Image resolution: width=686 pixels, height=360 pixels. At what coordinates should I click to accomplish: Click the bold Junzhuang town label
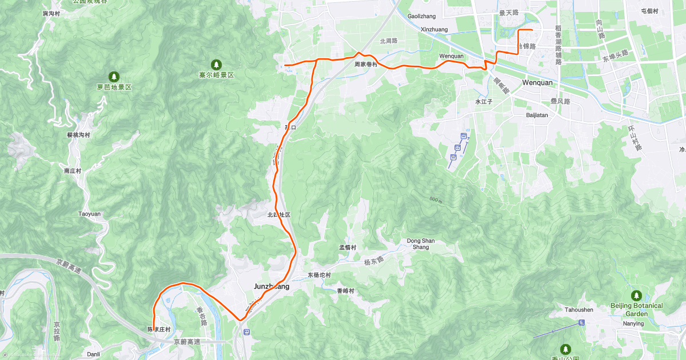tap(271, 286)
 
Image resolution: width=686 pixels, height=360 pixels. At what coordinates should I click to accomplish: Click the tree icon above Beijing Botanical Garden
tap(636, 295)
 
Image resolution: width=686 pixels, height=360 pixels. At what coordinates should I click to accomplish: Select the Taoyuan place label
tap(89, 214)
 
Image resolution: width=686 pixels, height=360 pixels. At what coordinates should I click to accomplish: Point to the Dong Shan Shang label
tap(421, 243)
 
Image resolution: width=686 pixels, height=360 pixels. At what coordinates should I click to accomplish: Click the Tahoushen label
tap(579, 310)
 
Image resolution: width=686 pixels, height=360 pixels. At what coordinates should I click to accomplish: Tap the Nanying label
tap(634, 324)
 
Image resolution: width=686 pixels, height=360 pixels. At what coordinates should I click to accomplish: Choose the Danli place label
tap(93, 354)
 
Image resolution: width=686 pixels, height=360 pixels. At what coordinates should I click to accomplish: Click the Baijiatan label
tap(537, 115)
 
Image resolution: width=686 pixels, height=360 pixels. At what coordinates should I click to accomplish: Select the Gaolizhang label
tap(422, 16)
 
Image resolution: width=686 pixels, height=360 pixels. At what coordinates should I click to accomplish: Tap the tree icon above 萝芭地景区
tap(114, 77)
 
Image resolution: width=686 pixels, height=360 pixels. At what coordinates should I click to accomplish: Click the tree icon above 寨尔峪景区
tap(217, 64)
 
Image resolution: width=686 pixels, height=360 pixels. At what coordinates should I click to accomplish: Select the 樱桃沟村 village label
tap(78, 135)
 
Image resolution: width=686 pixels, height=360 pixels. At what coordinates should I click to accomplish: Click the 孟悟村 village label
tap(348, 247)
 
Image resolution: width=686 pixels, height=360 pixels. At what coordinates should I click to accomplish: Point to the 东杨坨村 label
tap(320, 275)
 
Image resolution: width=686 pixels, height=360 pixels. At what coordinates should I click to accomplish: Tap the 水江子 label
tap(484, 102)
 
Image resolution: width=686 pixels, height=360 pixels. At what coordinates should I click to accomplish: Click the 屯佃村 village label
tap(650, 11)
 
